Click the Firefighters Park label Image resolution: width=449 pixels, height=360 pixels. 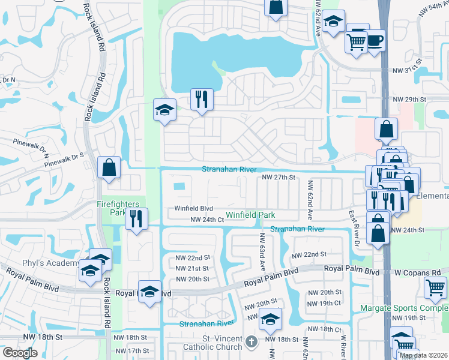pyautogui.click(x=120, y=208)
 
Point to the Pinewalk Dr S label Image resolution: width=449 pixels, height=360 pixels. pyautogui.click(x=62, y=159)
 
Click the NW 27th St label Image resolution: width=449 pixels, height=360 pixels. pyautogui.click(x=279, y=177)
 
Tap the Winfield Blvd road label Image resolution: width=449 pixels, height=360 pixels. pyautogui.click(x=194, y=209)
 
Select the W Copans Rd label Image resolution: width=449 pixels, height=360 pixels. pyautogui.click(x=418, y=272)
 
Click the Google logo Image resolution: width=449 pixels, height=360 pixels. pyautogui.click(x=20, y=353)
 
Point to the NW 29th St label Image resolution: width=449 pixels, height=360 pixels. pyautogui.click(x=409, y=99)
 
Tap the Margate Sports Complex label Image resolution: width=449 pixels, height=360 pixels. pyautogui.click(x=404, y=308)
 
